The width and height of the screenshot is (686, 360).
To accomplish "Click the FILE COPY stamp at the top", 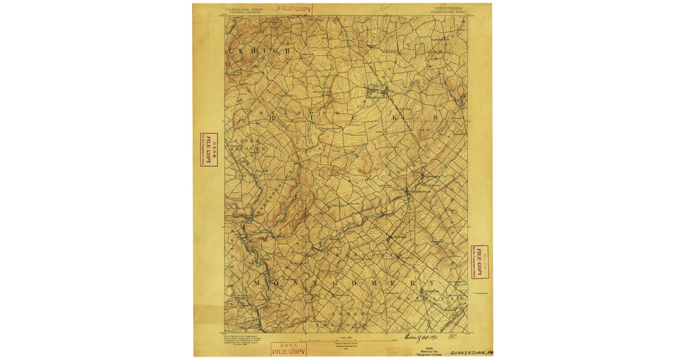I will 295,9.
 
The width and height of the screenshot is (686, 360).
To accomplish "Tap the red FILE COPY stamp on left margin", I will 209,150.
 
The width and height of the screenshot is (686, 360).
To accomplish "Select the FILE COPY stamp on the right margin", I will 480,262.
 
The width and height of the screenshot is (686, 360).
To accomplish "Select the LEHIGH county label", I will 261,51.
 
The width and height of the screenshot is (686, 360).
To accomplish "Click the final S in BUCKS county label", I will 435,117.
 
